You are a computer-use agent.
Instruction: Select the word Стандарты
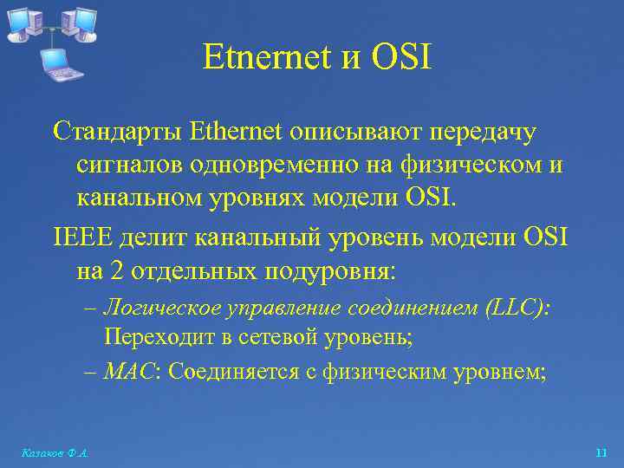coord(117,133)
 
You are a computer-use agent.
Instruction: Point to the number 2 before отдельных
coord(118,270)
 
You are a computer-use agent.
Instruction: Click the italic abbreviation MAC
coord(122,371)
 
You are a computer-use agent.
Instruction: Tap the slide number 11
coord(602,452)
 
